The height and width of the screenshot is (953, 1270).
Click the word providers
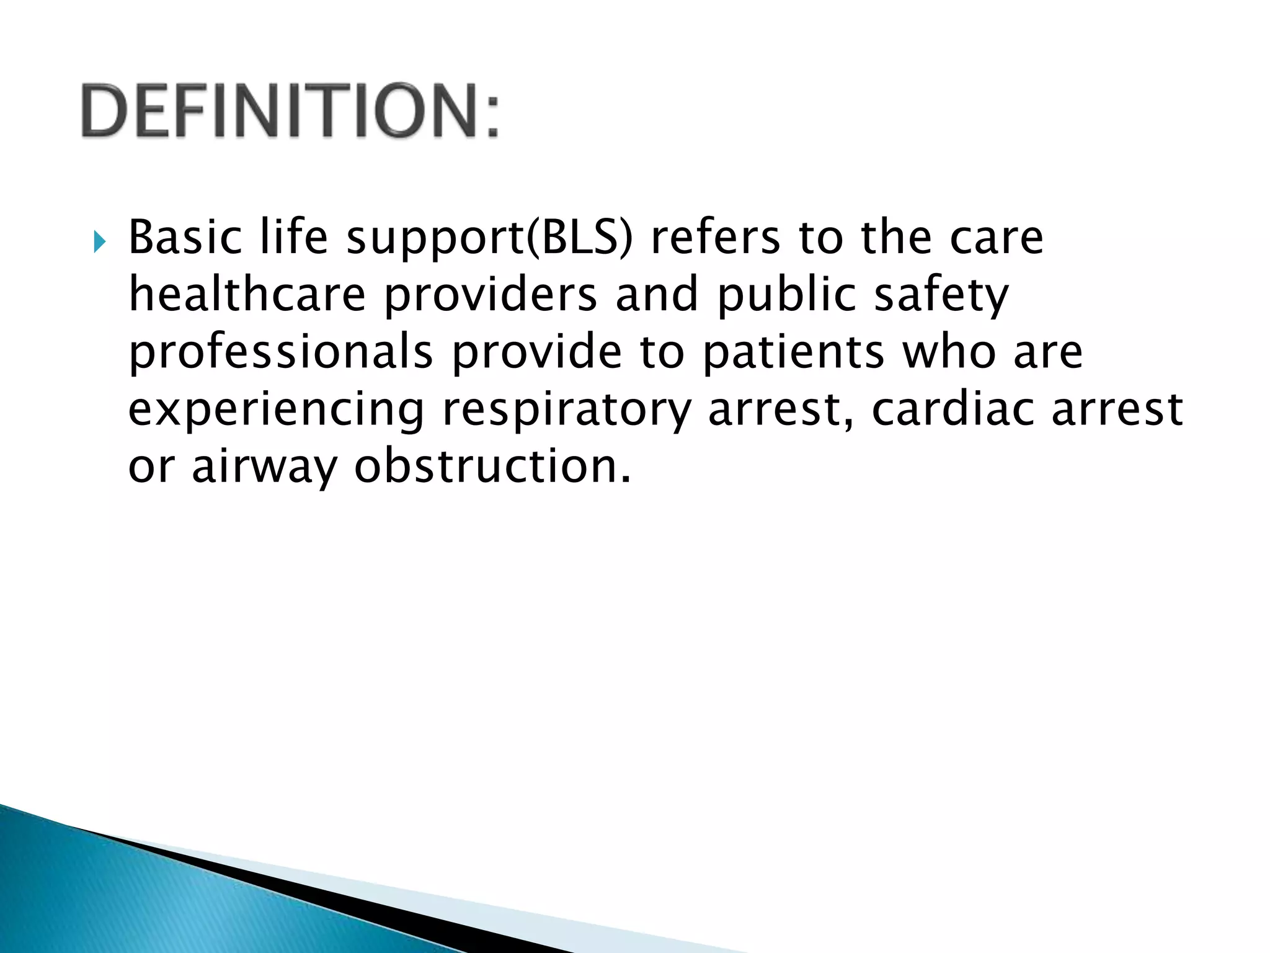point(491,296)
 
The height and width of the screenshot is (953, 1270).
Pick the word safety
point(941,296)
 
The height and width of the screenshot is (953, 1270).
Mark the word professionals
point(280,353)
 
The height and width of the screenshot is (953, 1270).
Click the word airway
point(264,467)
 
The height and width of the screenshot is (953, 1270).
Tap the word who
point(949,352)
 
